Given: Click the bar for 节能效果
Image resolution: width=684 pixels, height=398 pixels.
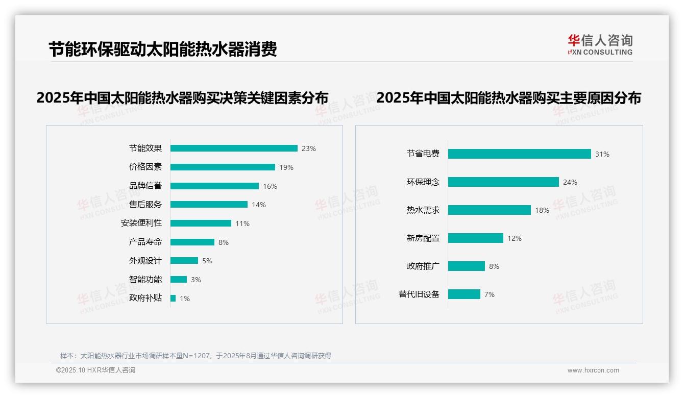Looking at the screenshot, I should tap(234, 148).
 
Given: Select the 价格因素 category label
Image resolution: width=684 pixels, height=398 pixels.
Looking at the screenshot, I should tap(145, 167).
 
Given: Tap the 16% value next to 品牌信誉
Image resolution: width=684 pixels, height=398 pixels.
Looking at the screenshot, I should tap(270, 186).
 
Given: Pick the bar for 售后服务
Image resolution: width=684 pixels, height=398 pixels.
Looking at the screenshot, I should tap(209, 205).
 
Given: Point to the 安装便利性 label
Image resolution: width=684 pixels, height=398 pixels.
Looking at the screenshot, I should tap(141, 223).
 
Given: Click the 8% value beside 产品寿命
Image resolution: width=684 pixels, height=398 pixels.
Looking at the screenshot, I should tap(224, 242).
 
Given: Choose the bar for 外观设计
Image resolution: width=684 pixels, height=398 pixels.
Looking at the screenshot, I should tap(184, 261).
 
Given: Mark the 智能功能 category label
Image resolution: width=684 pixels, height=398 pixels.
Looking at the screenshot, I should tap(145, 280).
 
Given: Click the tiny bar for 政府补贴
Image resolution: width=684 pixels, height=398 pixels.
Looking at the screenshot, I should tap(173, 298).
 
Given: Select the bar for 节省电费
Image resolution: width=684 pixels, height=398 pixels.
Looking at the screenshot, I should tap(519, 154).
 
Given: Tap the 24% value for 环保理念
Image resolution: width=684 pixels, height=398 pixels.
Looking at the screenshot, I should tap(570, 182).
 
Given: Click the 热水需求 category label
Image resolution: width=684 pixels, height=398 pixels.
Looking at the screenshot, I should tap(423, 210).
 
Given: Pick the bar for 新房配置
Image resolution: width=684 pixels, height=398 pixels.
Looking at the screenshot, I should tap(476, 238).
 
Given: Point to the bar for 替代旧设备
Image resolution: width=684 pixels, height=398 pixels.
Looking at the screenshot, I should tap(464, 294).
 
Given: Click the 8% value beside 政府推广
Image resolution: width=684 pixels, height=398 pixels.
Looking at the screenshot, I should tap(494, 266).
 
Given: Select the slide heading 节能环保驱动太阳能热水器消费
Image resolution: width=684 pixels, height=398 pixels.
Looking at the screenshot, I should tap(163, 50).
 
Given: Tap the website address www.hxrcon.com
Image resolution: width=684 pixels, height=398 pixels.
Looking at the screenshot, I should tap(593, 370).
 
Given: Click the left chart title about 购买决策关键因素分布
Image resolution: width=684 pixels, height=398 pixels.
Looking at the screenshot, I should tap(182, 98).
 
